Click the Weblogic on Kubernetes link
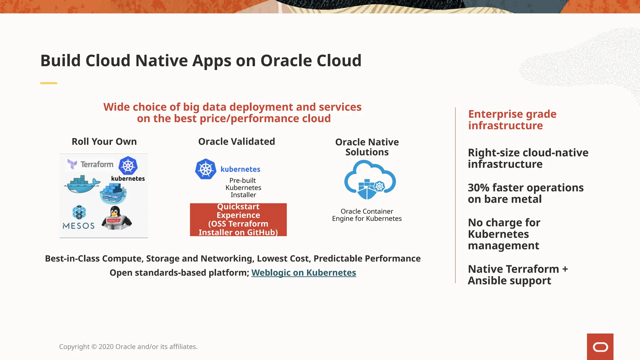303,272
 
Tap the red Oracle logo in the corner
600,347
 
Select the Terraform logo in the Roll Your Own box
91,164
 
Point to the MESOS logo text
78,226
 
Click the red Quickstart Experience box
238,220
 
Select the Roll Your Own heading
104,142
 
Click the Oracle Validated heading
237,142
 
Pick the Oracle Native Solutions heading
367,147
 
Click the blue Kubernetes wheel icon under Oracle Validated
206,169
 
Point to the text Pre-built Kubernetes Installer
243,187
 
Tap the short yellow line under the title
48,83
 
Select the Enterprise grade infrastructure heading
512,120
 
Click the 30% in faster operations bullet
478,188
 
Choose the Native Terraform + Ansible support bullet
517,275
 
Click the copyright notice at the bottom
128,347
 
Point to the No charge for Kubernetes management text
504,234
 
